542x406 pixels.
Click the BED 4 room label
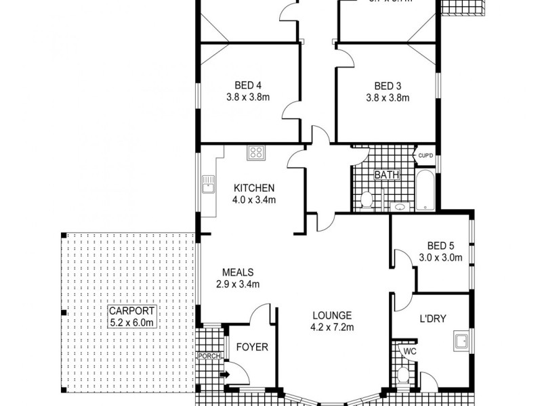click(x=248, y=85)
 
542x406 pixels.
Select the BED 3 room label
click(x=388, y=85)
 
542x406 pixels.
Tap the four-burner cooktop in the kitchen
click(x=256, y=153)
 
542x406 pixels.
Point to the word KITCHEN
click(x=254, y=188)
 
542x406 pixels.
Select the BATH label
click(x=386, y=175)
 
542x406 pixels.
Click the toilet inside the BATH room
click(x=366, y=200)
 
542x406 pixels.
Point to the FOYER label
click(x=252, y=348)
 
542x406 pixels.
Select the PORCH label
click(x=206, y=356)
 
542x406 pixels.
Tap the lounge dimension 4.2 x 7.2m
click(x=332, y=328)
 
